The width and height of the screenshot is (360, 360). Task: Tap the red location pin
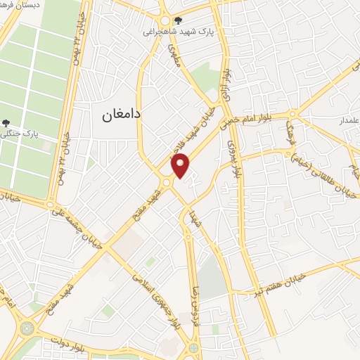(x=181, y=165)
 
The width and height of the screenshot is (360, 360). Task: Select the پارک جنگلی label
(x=33, y=131)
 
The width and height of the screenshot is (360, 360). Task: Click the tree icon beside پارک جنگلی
(x=6, y=124)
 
